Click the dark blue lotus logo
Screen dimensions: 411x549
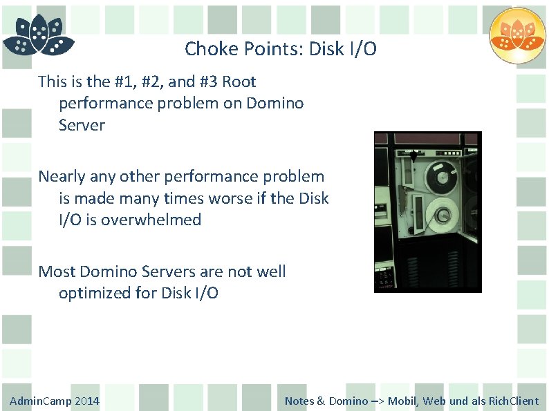38,35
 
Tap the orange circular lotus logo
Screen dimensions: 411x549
517,35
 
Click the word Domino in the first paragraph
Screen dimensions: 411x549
275,104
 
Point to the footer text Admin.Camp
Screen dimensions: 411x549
40,401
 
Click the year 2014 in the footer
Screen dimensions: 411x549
87,401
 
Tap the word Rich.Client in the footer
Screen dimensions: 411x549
514,401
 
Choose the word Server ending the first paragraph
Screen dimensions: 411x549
82,126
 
